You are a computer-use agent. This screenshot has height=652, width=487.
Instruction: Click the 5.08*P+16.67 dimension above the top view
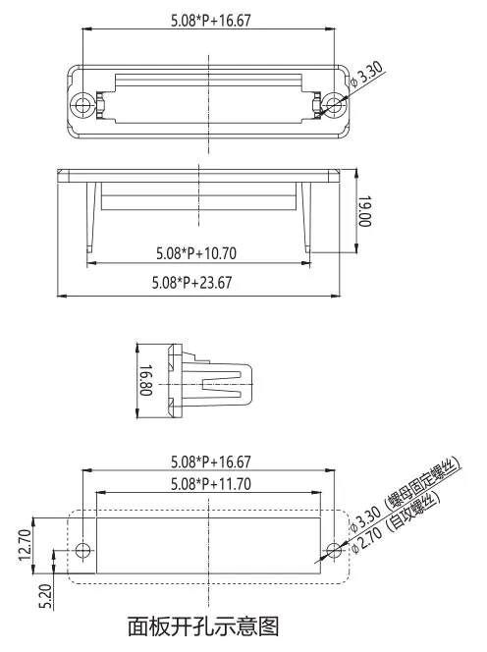pyautogui.click(x=209, y=20)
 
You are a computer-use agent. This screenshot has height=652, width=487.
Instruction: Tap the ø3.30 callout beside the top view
pyautogui.click(x=367, y=78)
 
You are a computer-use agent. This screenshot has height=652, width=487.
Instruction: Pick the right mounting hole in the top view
pyautogui.click(x=336, y=104)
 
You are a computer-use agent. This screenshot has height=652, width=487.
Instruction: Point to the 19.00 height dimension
pyautogui.click(x=363, y=210)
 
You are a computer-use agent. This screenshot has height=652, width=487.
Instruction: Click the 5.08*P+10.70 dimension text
pyautogui.click(x=196, y=252)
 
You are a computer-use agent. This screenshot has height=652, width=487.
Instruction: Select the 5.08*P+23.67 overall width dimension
pyautogui.click(x=192, y=283)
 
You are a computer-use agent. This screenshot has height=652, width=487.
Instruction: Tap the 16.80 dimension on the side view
pyautogui.click(x=144, y=381)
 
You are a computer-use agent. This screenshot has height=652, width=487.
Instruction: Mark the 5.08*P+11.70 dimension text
pyautogui.click(x=209, y=483)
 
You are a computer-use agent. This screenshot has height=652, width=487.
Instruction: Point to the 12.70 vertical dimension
pyautogui.click(x=25, y=543)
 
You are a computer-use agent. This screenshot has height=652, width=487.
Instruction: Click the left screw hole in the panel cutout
pyautogui.click(x=84, y=550)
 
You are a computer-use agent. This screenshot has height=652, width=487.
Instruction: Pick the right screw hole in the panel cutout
pyautogui.click(x=336, y=550)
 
